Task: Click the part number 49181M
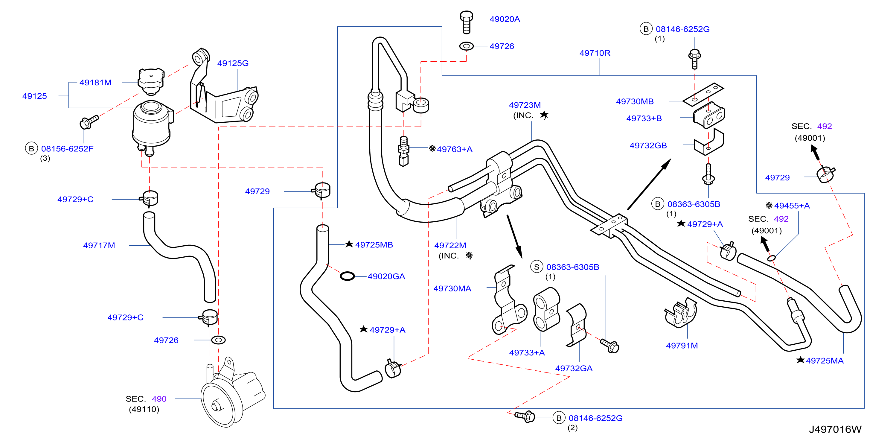[95, 83]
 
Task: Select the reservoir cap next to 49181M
[151, 81]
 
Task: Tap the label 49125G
[233, 63]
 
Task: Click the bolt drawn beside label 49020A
[467, 22]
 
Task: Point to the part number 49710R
[595, 53]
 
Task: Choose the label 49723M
[525, 105]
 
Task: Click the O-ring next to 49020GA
[347, 276]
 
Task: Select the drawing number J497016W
[835, 429]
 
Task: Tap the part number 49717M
[99, 245]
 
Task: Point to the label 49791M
[682, 346]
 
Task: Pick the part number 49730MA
[452, 288]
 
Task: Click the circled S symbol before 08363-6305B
[537, 267]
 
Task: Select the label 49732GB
[648, 145]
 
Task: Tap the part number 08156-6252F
[67, 149]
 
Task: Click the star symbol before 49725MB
[349, 244]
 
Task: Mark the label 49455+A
[792, 206]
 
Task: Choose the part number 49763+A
[455, 149]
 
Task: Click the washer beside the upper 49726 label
[467, 46]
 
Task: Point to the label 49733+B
[644, 118]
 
